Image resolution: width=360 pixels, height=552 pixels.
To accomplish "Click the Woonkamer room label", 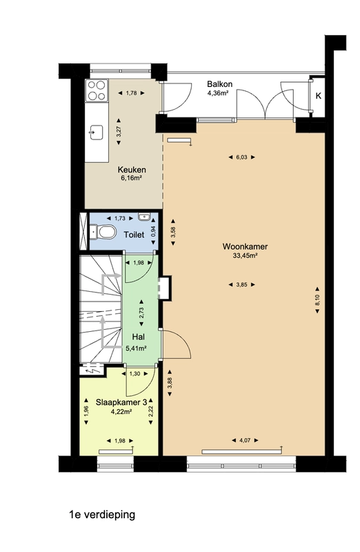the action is coord(245,246).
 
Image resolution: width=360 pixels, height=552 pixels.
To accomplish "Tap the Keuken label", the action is coord(132,170).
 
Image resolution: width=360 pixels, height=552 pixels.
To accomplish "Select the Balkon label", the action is coord(219,84).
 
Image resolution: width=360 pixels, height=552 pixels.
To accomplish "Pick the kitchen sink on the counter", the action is coord(96,132).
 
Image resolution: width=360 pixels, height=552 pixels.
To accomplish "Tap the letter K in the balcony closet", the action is coord(319,96).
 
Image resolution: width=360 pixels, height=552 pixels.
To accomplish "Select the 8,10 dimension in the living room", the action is coord(317,299).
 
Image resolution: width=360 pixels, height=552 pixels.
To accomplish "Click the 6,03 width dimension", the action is coord(241,157).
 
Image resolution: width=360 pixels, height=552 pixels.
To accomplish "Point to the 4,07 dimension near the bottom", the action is coord(245,440).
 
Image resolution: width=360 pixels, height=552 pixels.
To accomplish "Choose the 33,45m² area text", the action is coord(245,256).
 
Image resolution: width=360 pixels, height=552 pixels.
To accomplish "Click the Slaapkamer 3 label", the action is coord(121,402).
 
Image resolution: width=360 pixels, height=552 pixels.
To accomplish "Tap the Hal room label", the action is coord(139,337).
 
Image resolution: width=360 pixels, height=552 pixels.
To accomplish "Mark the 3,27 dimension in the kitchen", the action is coord(119,131).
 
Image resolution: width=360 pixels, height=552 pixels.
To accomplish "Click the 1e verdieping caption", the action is coord(102,515).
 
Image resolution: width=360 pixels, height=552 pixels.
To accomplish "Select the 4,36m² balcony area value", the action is coord(218,93).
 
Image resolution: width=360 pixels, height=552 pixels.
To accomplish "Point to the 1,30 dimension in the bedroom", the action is coord(134,374).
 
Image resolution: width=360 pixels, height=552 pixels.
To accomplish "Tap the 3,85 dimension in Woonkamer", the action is coord(241,285).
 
